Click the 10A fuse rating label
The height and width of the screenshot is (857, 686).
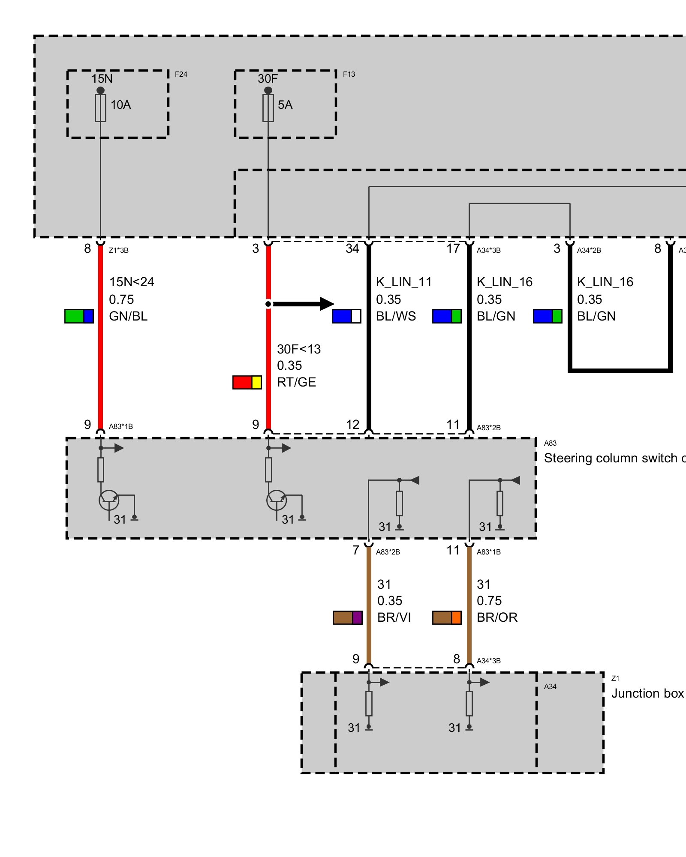(120, 105)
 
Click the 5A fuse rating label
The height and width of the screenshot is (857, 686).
(285, 105)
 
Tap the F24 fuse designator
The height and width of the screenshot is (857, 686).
(181, 74)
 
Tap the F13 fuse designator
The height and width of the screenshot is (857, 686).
(349, 74)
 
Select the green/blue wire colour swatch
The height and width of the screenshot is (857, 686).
(79, 316)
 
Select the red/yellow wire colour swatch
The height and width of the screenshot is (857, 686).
(247, 382)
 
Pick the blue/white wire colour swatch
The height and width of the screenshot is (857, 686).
(346, 316)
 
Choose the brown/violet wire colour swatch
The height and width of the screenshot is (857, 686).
(348, 617)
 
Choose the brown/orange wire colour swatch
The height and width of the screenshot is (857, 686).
(447, 617)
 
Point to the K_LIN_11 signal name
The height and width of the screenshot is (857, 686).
(404, 282)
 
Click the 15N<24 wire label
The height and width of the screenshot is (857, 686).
(132, 282)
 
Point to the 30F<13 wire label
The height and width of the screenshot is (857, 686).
(299, 349)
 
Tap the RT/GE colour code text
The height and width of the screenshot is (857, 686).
(297, 382)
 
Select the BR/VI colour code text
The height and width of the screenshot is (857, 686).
(394, 617)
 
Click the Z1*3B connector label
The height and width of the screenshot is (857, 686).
(119, 250)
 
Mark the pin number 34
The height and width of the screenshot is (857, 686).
(352, 249)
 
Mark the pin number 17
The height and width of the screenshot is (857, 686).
(453, 249)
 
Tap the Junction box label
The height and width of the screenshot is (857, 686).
(648, 693)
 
